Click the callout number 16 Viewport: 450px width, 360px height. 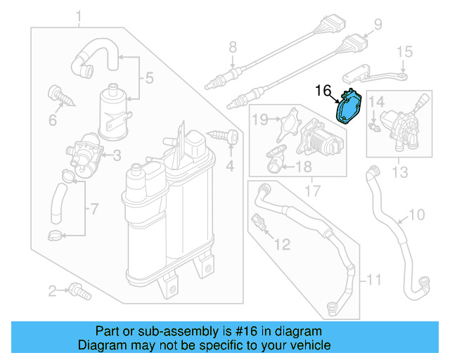[323, 91]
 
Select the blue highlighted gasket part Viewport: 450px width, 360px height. [348, 109]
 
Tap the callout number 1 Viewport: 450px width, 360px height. [79, 16]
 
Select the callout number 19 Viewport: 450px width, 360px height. [260, 120]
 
